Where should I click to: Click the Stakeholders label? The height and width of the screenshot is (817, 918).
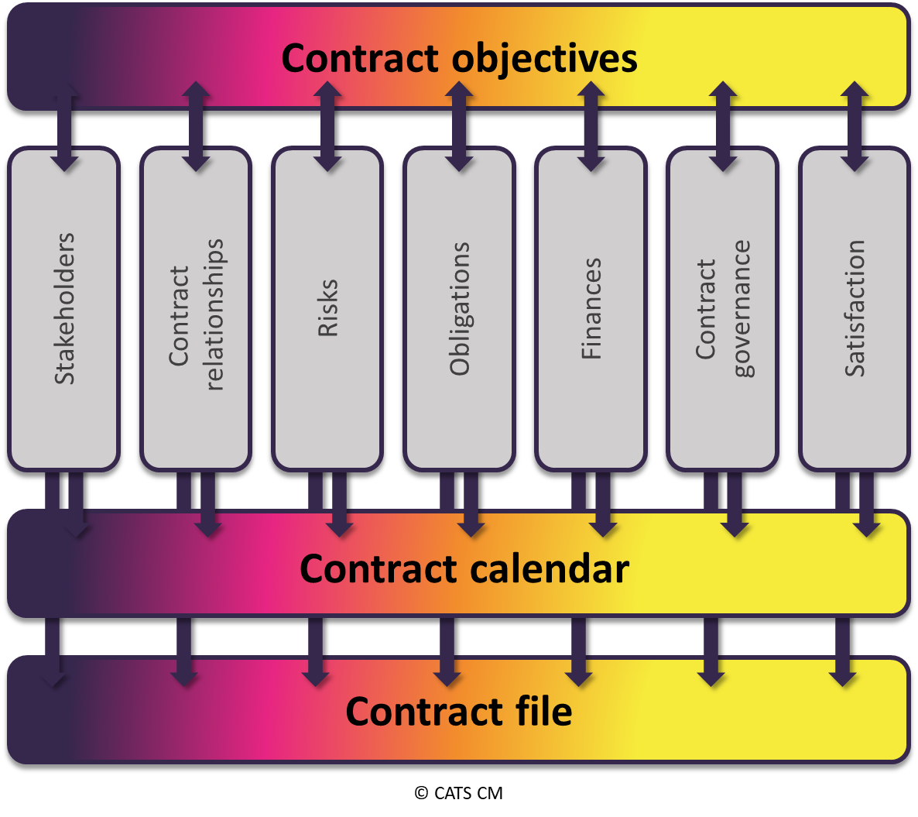[x=65, y=308]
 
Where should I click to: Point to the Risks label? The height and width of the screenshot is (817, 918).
[x=328, y=308]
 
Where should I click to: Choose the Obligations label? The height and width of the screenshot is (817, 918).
[x=460, y=308]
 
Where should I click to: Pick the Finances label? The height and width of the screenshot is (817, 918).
[x=591, y=308]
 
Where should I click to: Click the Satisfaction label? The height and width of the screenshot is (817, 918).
[x=855, y=308]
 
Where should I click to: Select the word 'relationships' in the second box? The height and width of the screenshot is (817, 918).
[x=213, y=314]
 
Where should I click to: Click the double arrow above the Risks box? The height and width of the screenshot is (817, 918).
[x=328, y=125]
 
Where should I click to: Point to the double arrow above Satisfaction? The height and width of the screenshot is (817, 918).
[x=855, y=125]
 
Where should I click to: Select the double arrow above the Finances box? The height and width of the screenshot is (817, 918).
[x=591, y=125]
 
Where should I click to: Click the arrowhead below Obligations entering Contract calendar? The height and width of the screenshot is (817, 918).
[x=471, y=527]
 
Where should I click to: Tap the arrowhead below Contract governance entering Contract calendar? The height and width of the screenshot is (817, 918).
[x=734, y=527]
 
